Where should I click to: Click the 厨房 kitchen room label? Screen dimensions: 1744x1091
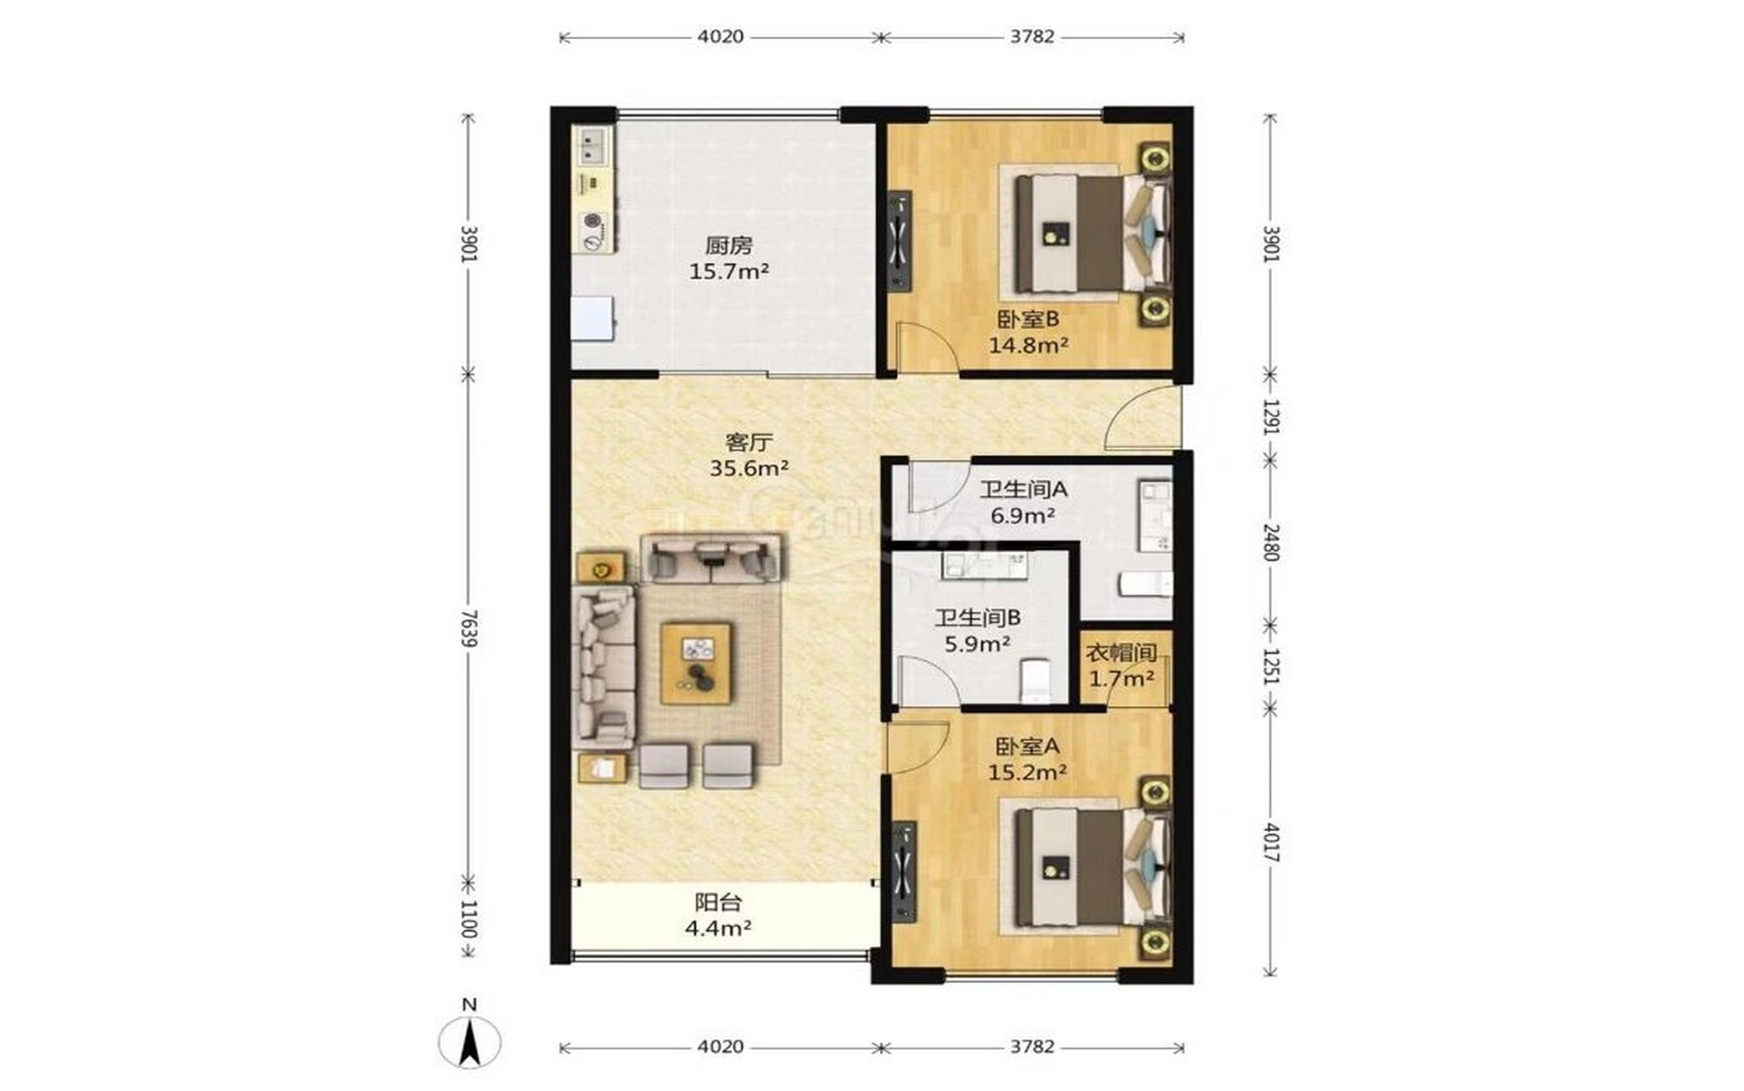point(728,246)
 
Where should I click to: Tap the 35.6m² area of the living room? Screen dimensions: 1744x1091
point(749,468)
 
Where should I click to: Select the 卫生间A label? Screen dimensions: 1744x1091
point(1023,489)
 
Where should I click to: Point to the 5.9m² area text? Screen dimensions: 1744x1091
point(977,644)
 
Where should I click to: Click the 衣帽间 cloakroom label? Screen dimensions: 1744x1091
point(1121,654)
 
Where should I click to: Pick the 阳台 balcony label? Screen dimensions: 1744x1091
point(718,902)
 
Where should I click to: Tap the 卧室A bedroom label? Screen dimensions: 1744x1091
point(1028,747)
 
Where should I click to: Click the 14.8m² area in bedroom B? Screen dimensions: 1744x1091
point(1028,345)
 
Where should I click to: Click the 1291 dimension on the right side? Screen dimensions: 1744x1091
point(1271,417)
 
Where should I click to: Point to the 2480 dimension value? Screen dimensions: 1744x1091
point(1271,542)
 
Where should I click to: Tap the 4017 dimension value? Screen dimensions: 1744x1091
point(1271,841)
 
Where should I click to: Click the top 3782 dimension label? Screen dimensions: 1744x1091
point(1032,37)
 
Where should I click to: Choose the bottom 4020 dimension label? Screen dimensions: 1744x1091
point(721,1047)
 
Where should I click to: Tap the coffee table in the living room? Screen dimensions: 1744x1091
point(697,663)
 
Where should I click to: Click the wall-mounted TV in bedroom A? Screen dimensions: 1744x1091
point(903,870)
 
